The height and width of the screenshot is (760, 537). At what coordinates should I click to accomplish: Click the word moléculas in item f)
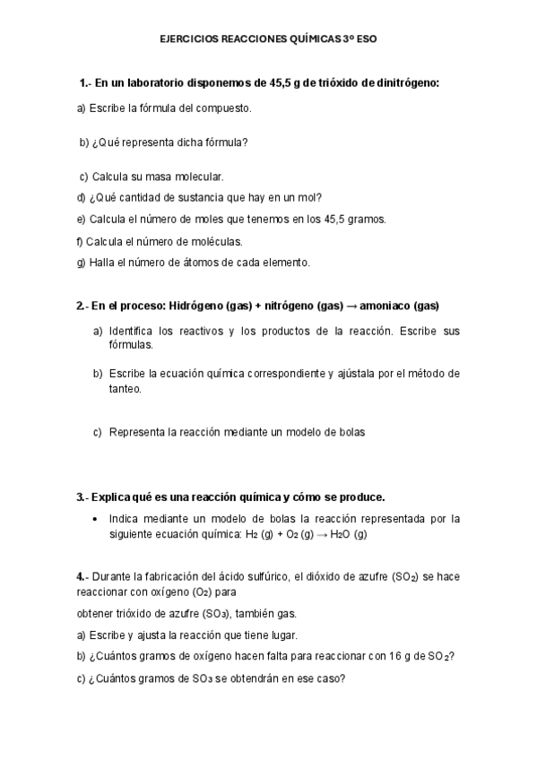217,241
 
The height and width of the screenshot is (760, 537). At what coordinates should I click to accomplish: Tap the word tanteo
126,389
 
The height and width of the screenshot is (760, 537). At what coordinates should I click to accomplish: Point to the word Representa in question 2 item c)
137,432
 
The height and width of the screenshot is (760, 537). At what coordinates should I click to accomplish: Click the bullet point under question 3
95,519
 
